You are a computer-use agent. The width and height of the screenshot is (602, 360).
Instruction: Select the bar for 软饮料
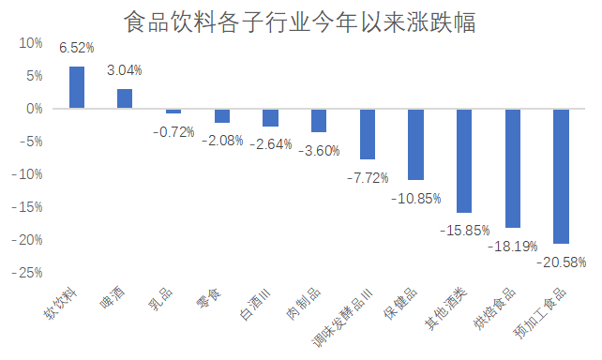76,87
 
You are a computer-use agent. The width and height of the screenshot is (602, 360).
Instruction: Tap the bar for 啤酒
125,98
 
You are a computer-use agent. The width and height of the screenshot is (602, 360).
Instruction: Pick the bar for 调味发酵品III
368,134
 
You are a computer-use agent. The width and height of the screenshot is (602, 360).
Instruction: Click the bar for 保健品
416,144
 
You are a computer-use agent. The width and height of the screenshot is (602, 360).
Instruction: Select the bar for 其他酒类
464,160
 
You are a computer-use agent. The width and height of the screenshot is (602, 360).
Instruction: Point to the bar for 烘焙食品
513,169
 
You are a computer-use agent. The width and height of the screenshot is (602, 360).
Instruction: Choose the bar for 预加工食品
562,176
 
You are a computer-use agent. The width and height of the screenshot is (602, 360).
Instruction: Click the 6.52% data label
76,49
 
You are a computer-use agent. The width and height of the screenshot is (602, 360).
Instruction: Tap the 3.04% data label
125,70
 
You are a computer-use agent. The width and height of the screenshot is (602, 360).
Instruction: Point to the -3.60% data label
319,151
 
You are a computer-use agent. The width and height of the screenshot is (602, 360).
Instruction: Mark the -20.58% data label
561,262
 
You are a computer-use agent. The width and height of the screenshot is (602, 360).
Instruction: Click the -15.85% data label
464,230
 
